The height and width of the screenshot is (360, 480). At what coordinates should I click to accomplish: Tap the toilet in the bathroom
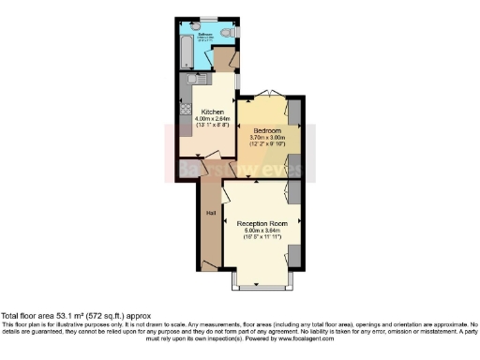point(231,35)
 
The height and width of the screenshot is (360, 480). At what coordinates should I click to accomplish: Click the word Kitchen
point(212,111)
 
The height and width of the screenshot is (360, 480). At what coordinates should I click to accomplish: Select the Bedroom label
point(267,130)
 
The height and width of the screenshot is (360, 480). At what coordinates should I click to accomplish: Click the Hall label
point(210,213)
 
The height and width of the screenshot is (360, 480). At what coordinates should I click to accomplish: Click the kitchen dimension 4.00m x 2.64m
point(212,118)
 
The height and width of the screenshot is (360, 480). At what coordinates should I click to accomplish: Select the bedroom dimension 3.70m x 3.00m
point(267,138)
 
